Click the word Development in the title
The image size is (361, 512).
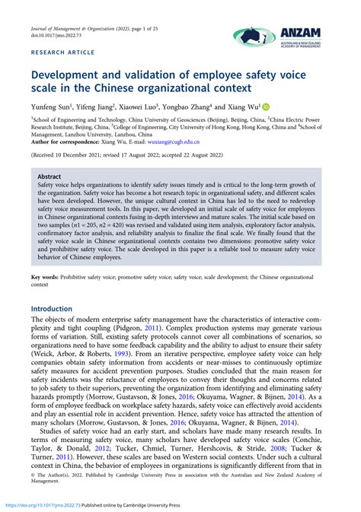click(75, 77)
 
